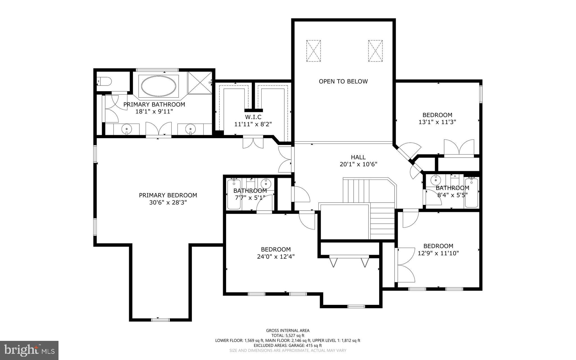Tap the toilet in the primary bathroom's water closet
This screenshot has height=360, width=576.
click(x=104, y=81)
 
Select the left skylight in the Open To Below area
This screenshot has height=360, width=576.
click(x=313, y=51)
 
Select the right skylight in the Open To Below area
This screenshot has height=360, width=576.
click(x=375, y=51)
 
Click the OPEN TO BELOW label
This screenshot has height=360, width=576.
click(x=343, y=82)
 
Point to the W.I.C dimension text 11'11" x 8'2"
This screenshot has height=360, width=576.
click(x=253, y=124)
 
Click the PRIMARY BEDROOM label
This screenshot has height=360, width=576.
click(x=168, y=195)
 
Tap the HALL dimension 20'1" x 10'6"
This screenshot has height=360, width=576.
click(x=358, y=164)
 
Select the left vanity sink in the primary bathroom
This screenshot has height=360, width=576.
click(x=127, y=129)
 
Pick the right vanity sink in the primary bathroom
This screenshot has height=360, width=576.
click(x=190, y=129)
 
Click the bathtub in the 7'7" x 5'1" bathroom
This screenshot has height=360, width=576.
click(x=234, y=194)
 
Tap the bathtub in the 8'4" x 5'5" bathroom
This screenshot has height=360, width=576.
click(x=471, y=193)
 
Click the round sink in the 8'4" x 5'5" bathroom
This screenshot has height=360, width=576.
click(x=436, y=179)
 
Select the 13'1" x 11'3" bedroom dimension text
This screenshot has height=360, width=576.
click(x=437, y=122)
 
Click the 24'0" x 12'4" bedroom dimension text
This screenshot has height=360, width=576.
click(x=276, y=257)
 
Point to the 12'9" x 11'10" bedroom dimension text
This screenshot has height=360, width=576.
click(x=438, y=253)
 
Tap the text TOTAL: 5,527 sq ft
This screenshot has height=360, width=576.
click(x=288, y=336)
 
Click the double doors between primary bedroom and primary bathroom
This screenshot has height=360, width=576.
click(x=158, y=129)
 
